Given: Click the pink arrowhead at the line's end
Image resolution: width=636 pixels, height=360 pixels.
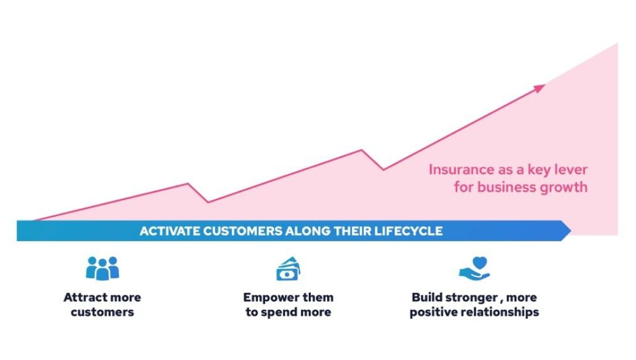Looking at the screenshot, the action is tap(539, 88).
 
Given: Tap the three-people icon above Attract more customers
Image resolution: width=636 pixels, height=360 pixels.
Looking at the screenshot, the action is tap(102, 268).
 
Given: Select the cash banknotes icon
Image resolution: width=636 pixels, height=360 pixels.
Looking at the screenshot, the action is tap(288, 269).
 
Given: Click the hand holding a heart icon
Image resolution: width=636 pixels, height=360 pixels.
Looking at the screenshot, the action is tap(475, 268).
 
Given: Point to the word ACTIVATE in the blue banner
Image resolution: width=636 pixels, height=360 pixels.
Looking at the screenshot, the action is tap(170, 231).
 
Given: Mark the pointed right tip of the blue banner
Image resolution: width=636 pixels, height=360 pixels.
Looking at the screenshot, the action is tap(571, 230).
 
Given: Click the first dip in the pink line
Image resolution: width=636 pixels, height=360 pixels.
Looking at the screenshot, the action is tap(208, 202).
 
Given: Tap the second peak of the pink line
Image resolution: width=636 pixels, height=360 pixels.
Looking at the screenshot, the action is tap(361, 150).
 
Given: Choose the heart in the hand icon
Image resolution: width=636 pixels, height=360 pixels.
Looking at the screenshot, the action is tap(479, 263).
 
